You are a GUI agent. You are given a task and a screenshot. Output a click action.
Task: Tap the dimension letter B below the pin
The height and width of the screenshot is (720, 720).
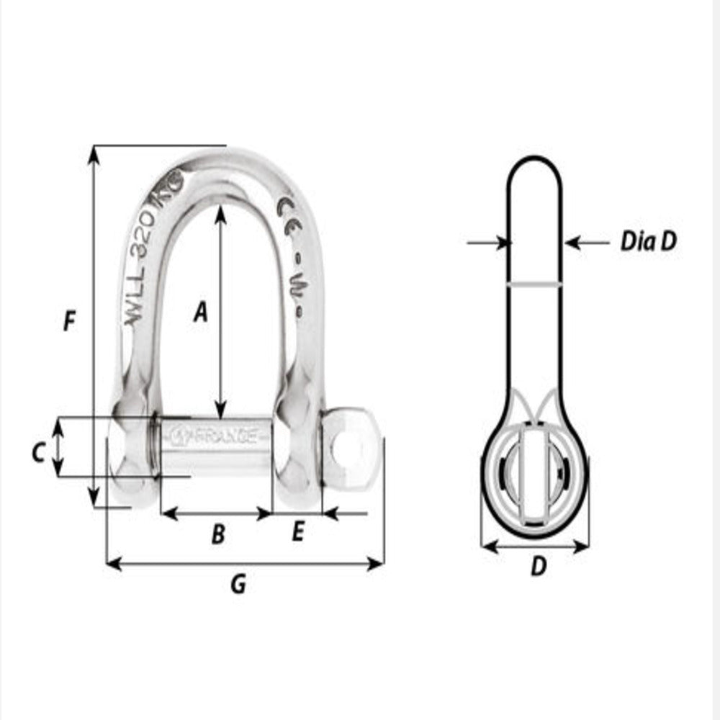tap(217, 534)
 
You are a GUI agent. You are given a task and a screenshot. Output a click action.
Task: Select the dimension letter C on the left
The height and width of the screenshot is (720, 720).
tap(40, 452)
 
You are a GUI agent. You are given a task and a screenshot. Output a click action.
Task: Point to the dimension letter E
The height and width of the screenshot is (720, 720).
tap(299, 533)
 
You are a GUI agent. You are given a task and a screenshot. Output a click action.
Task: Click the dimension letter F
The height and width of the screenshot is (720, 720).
tap(69, 320)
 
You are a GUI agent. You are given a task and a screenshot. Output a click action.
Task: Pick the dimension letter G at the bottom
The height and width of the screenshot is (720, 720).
tap(238, 585)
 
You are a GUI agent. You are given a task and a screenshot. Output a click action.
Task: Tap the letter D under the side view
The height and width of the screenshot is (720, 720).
tap(537, 567)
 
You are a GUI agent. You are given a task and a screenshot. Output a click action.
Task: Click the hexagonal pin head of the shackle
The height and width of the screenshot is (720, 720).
tap(350, 448)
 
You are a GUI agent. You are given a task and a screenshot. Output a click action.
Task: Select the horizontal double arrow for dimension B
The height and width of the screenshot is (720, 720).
tap(216, 513)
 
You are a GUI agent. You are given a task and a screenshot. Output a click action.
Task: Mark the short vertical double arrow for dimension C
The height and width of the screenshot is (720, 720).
tap(60, 448)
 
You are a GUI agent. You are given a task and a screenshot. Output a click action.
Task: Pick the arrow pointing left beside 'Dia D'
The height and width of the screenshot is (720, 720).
tap(586, 243)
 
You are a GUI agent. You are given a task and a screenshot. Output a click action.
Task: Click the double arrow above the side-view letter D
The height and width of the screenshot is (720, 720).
tap(535, 547)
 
